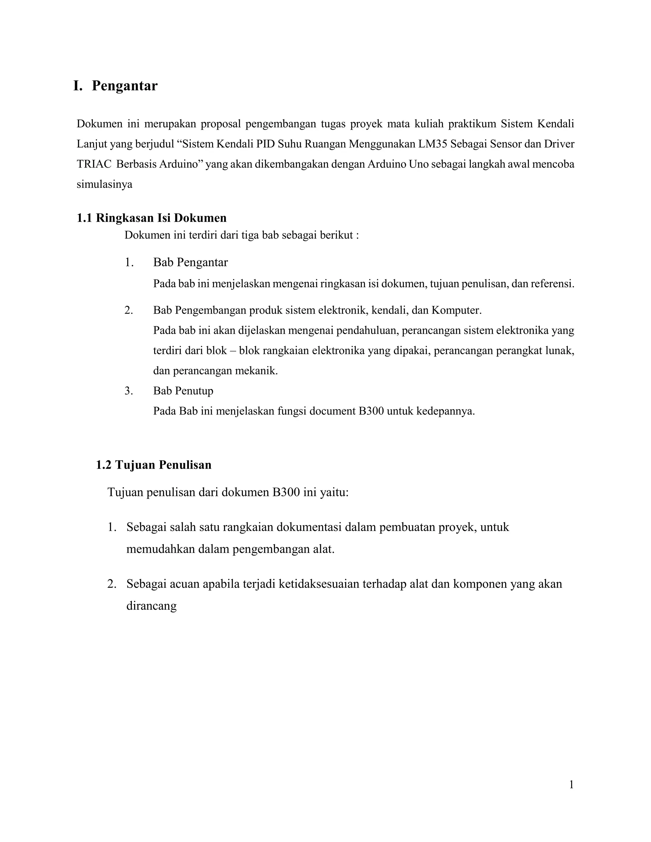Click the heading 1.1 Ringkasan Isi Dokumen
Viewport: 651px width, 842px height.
152,218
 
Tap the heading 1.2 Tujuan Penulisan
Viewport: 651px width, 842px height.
154,465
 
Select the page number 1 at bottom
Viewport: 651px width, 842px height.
571,784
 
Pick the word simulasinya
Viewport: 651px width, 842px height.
104,184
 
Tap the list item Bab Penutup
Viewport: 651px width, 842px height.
183,391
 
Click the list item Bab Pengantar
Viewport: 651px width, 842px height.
190,262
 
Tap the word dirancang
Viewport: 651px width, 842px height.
151,606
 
